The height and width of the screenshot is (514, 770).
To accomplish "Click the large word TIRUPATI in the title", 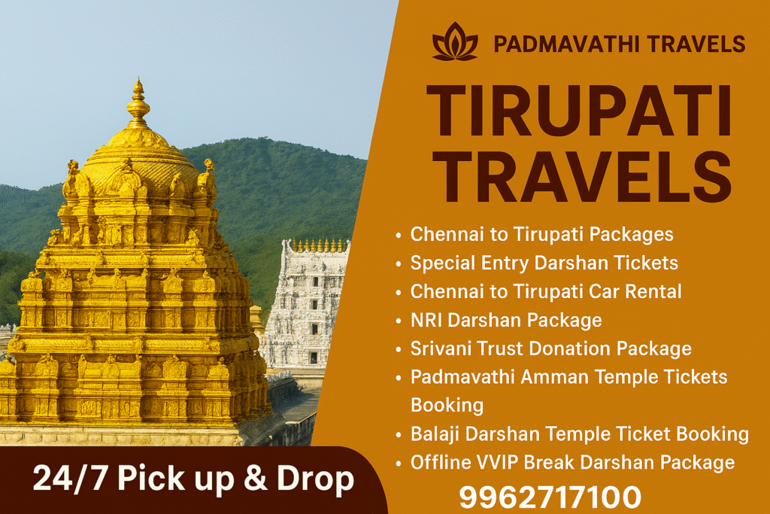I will coord(578,111).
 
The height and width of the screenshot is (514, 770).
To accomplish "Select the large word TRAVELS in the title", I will coord(579,177).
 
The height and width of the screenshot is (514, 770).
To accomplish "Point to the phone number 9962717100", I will coord(550,497).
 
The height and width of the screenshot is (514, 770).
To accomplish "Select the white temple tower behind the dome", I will coord(305,301).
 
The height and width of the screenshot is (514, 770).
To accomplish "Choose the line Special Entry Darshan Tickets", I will coord(544,263).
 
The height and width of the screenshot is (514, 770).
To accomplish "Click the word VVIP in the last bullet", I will coord(499,461).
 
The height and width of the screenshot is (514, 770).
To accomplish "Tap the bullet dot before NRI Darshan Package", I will coord(399,321).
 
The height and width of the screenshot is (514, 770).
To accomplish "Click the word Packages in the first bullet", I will coord(632,235).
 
